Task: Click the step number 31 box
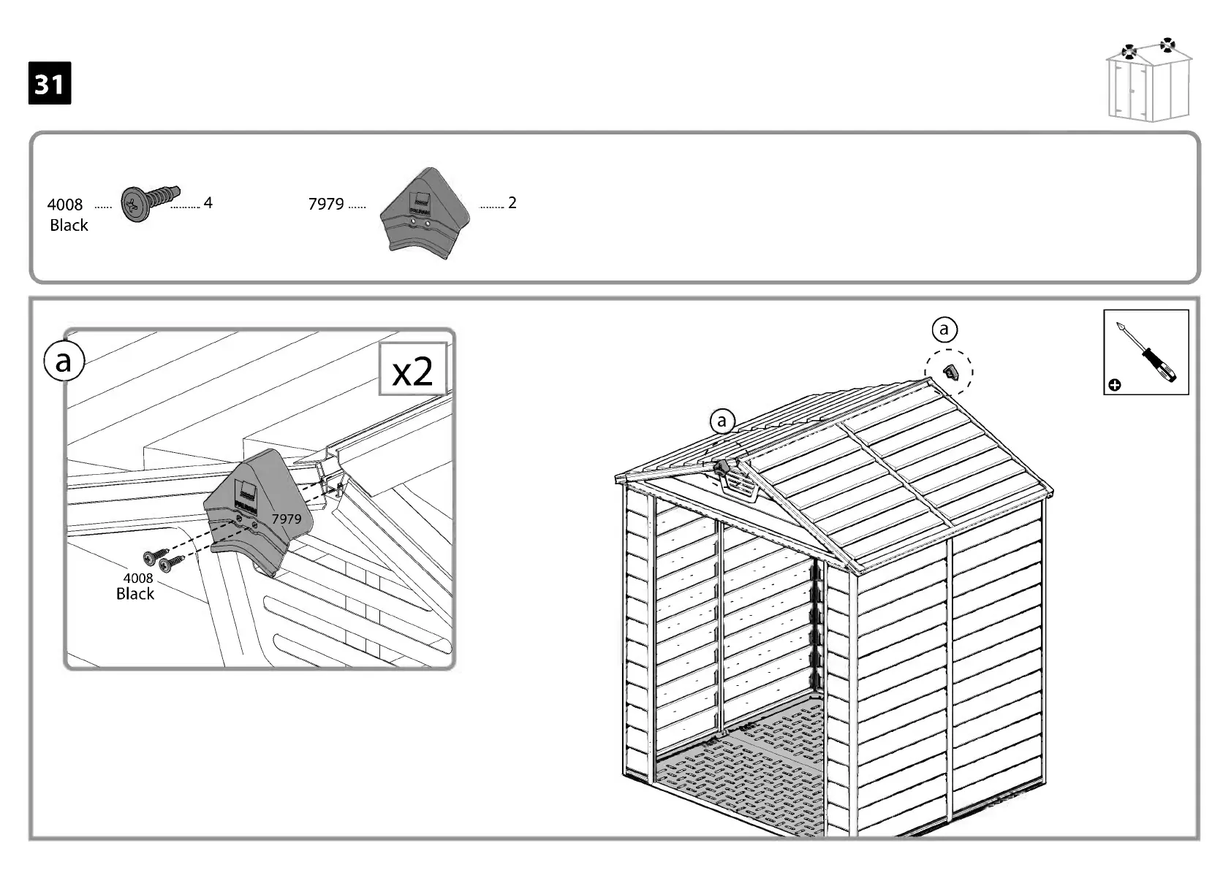tap(50, 83)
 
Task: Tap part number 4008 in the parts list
tap(65, 205)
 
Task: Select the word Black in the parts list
tap(69, 226)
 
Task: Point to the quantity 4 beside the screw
tap(208, 202)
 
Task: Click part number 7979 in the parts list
tap(326, 204)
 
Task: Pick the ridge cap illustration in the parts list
tap(424, 210)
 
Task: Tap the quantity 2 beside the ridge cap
tap(512, 202)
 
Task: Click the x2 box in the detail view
tap(412, 370)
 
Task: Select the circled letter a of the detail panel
tap(64, 361)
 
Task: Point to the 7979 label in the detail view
tap(287, 519)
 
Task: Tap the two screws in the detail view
tap(164, 560)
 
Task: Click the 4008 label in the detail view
tap(137, 579)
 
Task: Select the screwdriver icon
tap(1145, 352)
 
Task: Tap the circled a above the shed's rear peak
tap(944, 329)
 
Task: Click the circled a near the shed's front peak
tap(722, 421)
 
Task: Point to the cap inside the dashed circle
tap(950, 373)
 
